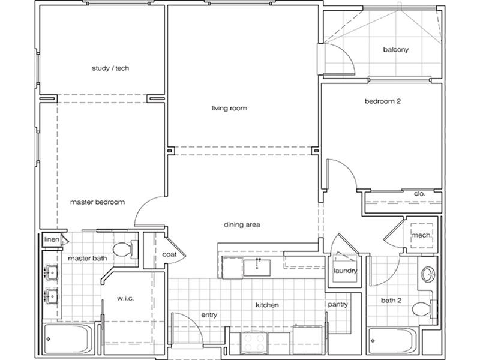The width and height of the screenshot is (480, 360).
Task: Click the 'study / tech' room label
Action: point(110,68)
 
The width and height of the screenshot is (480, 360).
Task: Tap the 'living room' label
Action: point(229,108)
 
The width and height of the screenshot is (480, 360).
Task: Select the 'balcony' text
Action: point(396,50)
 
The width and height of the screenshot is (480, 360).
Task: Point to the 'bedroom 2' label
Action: point(383,101)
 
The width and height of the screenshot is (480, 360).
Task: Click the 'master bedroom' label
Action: point(97,202)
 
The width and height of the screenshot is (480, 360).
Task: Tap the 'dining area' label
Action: point(242,224)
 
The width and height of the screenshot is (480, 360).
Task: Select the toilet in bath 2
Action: point(425,309)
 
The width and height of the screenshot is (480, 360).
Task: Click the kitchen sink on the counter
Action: point(257,268)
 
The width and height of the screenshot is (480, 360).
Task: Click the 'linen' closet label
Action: point(52,239)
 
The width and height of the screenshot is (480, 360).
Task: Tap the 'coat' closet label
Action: point(169,254)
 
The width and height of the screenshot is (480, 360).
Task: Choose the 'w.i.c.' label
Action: point(125,298)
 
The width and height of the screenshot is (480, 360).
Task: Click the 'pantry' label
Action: point(338,305)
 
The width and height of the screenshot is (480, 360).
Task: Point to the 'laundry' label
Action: point(346,271)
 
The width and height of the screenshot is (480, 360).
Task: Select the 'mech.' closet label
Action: point(422,235)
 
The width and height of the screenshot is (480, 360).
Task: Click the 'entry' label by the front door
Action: point(209,315)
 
